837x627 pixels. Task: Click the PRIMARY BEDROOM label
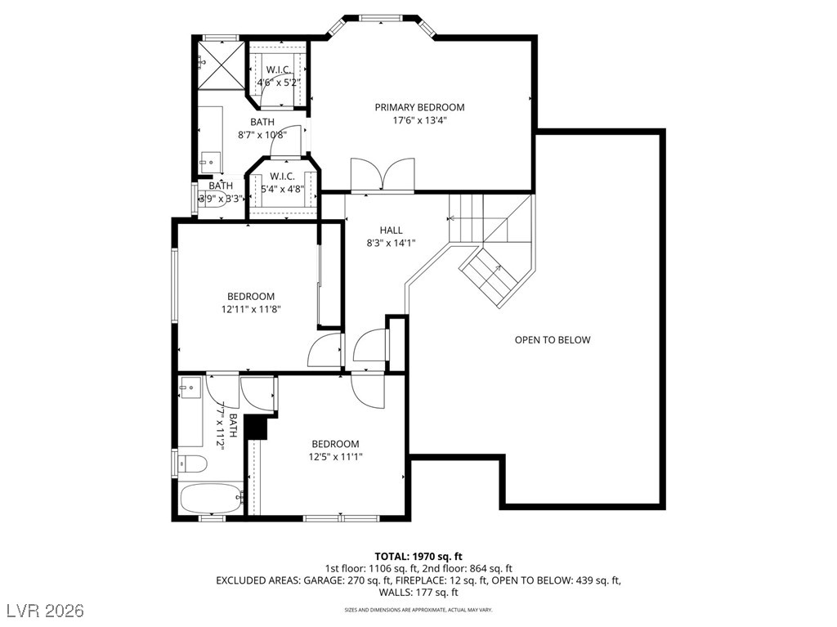click(419, 107)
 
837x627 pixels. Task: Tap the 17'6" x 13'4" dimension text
click(419, 120)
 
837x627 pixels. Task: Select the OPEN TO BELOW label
click(552, 340)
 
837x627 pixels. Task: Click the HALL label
click(391, 231)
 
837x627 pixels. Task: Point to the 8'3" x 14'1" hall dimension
click(391, 243)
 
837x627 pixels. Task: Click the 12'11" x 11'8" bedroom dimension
click(251, 310)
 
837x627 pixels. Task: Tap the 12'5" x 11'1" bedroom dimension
click(335, 457)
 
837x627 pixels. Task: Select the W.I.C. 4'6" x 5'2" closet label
click(279, 76)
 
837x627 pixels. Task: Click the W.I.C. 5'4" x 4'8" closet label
click(282, 183)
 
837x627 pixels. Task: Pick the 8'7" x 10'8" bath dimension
click(262, 135)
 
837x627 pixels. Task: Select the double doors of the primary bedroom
click(383, 175)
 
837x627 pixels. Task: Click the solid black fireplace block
click(257, 427)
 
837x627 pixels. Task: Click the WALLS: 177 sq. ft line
click(418, 593)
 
